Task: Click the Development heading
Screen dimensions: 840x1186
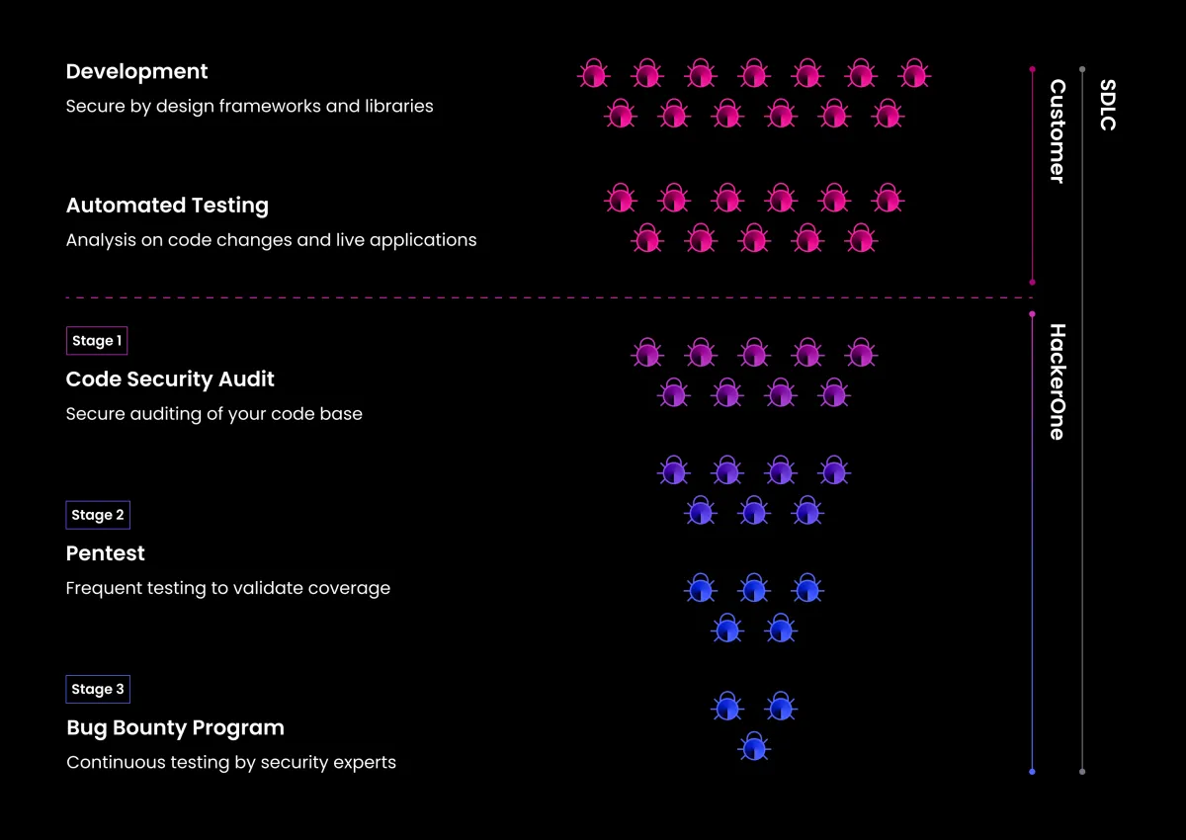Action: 136,72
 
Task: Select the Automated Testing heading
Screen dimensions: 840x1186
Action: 167,206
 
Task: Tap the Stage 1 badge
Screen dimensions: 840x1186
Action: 97,341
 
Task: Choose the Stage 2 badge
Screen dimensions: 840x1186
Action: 98,515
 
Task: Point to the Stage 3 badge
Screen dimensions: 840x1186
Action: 98,689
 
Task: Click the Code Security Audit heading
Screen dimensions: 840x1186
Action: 170,379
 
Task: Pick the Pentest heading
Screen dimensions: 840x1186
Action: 105,553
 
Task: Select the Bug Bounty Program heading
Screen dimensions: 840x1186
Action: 175,728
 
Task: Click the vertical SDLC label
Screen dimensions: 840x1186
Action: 1108,105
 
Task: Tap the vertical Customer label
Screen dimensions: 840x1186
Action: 1058,131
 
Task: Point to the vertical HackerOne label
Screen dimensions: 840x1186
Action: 1058,381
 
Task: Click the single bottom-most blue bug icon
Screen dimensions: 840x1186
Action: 754,748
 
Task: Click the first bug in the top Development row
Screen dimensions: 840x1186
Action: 593,74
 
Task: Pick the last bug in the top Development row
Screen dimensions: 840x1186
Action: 914,74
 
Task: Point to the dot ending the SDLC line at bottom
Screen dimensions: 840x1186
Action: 1082,772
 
